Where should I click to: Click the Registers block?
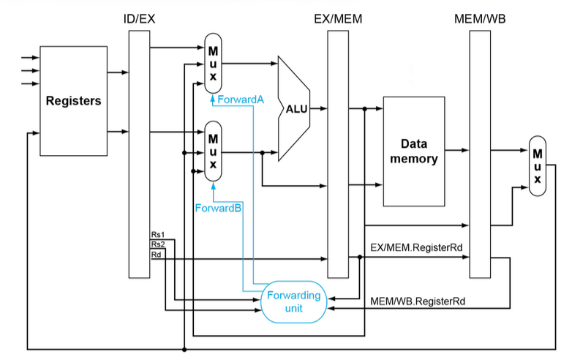[73, 101]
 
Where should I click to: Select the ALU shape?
[294, 109]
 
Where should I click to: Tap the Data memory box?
[414, 151]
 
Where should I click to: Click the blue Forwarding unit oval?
[293, 301]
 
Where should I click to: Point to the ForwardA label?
[241, 100]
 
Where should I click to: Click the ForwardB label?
[218, 209]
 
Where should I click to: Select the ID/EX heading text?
[140, 19]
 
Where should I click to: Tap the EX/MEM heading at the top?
[338, 19]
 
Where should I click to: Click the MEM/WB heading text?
[480, 19]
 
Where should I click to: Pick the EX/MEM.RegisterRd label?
[416, 247]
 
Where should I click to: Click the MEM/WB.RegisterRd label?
[418, 301]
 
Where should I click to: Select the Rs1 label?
[158, 235]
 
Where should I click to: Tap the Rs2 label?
[158, 244]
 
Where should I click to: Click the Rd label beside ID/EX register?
[156, 255]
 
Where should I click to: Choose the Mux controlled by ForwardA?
[213, 64]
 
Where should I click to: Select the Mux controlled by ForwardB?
[213, 151]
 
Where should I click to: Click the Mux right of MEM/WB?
[538, 166]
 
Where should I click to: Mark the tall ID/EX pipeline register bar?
[140, 154]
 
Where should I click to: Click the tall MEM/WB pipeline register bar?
[480, 154]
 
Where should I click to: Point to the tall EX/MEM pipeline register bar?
[338, 154]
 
